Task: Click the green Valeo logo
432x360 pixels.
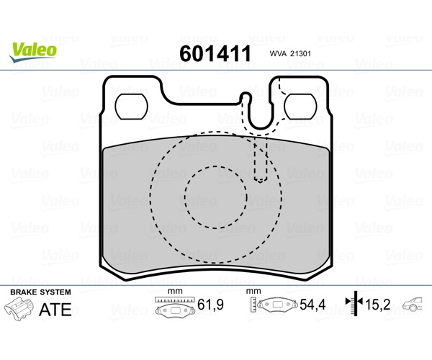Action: [33, 52]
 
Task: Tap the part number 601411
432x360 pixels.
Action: [215, 54]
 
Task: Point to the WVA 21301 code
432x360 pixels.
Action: [290, 54]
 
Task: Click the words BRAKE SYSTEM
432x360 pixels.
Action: [40, 292]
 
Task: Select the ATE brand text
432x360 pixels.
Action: [55, 310]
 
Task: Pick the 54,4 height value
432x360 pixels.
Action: [312, 305]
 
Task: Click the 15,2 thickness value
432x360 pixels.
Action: [378, 305]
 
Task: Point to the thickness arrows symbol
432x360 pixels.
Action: [355, 303]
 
